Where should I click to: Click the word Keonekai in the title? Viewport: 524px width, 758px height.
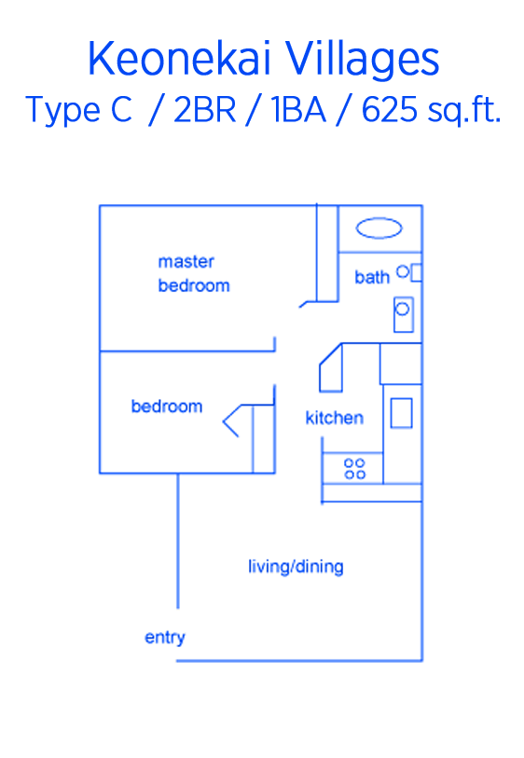(x=181, y=59)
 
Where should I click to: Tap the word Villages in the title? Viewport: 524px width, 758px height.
(x=363, y=60)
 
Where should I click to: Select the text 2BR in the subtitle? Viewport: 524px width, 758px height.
(x=204, y=110)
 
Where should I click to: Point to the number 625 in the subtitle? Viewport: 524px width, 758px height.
(x=389, y=110)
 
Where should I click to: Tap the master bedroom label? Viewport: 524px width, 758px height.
(x=194, y=273)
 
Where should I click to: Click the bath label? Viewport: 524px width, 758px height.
(x=372, y=277)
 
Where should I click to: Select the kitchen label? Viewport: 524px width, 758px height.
(x=334, y=418)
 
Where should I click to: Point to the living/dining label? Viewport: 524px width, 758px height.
(x=296, y=567)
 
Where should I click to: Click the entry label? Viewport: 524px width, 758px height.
(x=165, y=638)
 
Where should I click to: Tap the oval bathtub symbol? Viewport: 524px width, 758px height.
(x=379, y=228)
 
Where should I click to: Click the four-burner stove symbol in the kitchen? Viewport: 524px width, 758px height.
(x=354, y=468)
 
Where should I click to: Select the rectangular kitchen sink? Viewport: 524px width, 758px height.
(x=401, y=413)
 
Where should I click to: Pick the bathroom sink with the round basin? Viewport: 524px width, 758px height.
(x=403, y=315)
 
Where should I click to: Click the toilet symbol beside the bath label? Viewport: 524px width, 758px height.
(x=409, y=272)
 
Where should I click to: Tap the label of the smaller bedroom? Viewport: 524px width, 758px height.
(x=167, y=407)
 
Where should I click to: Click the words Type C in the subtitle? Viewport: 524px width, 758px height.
(x=79, y=111)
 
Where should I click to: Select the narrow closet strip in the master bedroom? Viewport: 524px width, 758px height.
(x=327, y=253)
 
